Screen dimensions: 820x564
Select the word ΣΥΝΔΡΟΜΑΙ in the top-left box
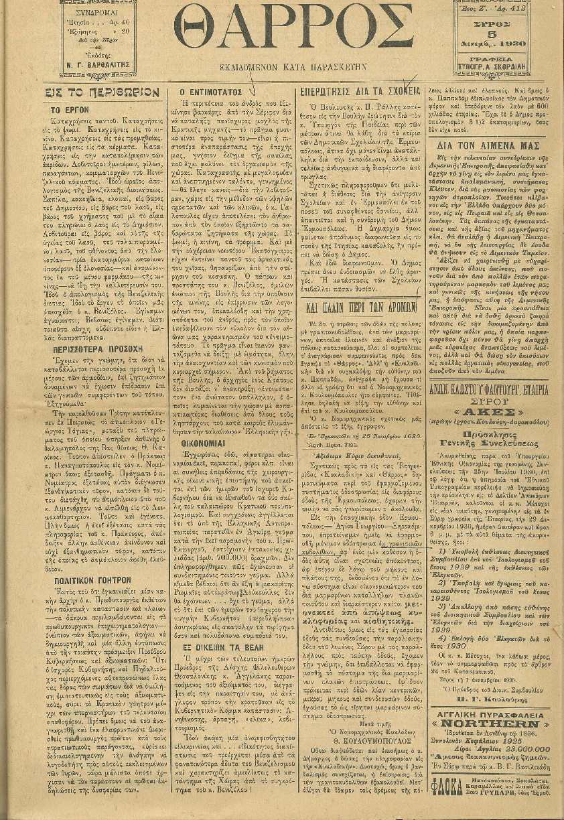pyautogui.click(x=102, y=13)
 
